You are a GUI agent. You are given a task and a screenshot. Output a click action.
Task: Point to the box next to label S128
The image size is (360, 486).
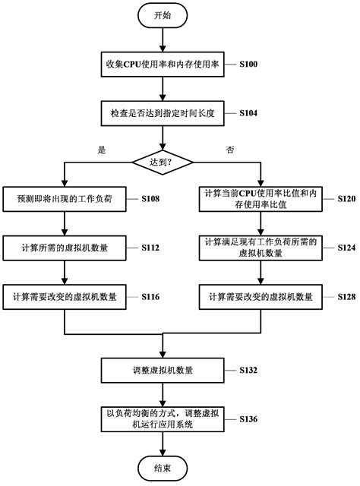click(x=261, y=297)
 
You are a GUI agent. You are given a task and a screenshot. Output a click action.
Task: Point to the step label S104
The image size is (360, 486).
click(x=248, y=112)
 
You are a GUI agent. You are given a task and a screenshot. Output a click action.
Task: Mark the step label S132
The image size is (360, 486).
click(x=248, y=371)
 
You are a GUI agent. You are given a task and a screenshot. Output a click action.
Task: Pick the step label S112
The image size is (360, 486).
click(x=150, y=247)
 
